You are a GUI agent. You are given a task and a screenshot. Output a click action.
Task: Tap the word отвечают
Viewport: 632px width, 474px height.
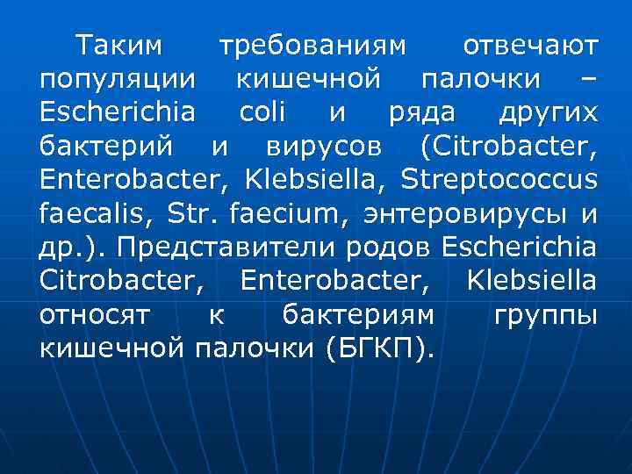coord(531,44)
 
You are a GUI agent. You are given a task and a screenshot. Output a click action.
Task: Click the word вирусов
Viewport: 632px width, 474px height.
coord(311,147)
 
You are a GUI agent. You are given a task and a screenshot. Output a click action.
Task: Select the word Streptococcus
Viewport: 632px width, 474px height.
coord(499,182)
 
